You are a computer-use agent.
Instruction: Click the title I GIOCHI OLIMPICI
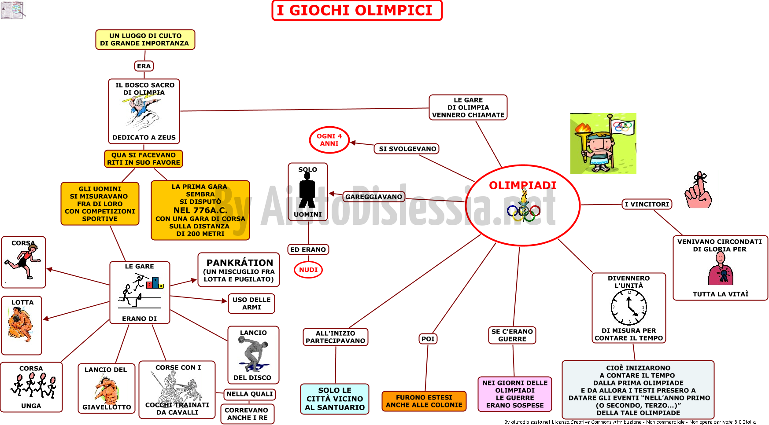pos(357,11)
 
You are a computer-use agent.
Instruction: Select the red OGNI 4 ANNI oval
pos(329,140)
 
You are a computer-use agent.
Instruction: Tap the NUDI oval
pos(308,270)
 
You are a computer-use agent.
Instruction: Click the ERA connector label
pos(144,66)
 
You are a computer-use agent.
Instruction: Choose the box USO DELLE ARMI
pos(251,304)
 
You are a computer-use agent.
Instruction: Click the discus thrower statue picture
pos(252,355)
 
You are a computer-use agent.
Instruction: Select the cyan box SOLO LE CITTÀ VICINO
pos(335,399)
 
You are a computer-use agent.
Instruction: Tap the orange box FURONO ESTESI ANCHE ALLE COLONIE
pos(424,401)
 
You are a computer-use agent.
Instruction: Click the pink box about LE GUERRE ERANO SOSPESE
pos(515,394)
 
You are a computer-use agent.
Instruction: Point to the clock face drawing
pos(629,308)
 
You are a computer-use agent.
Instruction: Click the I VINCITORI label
pos(647,204)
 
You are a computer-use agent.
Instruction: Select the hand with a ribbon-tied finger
pos(698,190)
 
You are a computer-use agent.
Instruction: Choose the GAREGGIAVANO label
pos(374,197)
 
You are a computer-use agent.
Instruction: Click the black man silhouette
pos(307,190)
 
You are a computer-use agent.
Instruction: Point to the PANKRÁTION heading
pos(240,263)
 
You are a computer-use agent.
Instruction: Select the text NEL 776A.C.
pos(200,210)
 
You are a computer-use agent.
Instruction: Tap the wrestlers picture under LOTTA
pos(20,324)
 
